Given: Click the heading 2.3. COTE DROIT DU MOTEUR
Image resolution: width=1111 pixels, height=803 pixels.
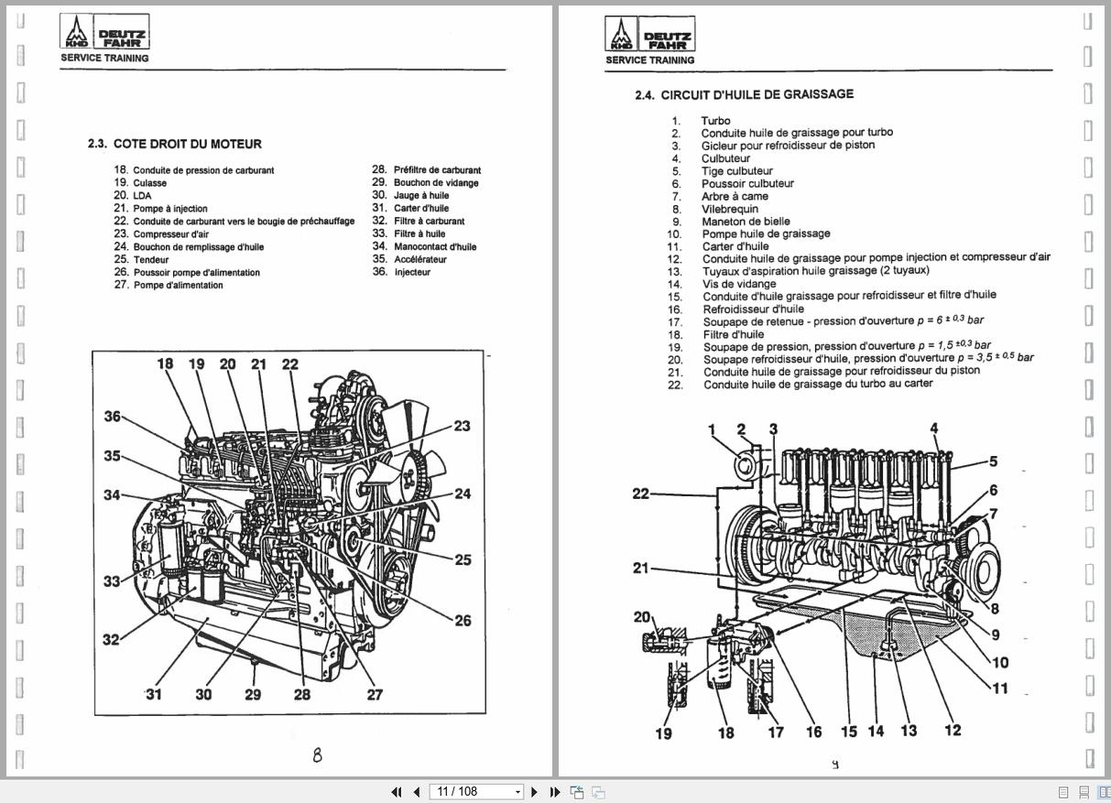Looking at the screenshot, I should tap(174, 144).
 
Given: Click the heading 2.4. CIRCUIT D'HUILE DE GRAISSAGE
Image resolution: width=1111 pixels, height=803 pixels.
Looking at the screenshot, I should tap(744, 94).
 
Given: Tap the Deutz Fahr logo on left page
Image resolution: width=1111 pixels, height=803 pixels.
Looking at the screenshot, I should tap(104, 33).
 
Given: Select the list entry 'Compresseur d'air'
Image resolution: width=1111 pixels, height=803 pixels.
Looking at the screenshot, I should tap(170, 234).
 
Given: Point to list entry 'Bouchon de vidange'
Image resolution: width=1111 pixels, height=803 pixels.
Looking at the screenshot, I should tap(435, 183).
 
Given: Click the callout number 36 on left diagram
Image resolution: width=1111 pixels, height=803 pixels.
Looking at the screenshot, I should tap(112, 417).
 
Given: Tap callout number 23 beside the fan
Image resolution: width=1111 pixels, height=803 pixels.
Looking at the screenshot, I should tap(462, 426).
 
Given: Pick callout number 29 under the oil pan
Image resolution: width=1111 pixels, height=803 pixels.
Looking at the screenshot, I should tap(253, 694).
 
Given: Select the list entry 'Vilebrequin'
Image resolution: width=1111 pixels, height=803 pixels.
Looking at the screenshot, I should tap(730, 209).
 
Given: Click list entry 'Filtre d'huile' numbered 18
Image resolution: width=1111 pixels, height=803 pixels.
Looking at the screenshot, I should tap(733, 334).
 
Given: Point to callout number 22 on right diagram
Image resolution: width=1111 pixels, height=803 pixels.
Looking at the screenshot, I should tap(640, 494).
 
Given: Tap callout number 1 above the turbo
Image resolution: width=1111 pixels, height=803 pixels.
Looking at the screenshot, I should tap(712, 429).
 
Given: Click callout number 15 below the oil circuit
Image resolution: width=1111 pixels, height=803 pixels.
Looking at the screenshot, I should tap(848, 731).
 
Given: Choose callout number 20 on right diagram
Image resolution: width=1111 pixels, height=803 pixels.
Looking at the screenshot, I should tap(641, 617).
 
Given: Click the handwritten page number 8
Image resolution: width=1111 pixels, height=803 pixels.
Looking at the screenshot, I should tap(317, 755).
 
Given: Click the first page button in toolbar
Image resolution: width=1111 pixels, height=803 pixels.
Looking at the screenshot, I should tap(397, 792).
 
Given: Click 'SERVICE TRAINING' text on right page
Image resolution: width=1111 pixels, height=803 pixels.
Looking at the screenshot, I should tap(649, 60).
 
